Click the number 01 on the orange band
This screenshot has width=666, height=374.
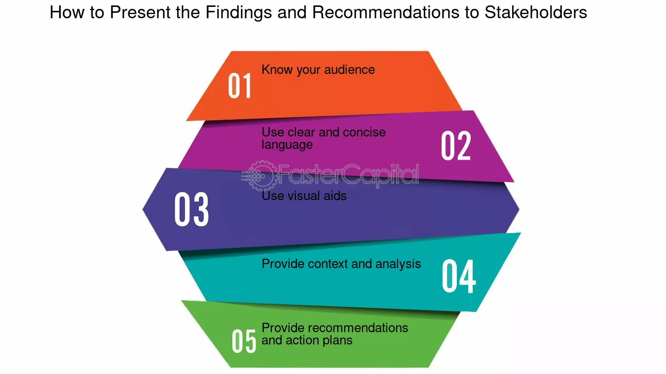point(240,86)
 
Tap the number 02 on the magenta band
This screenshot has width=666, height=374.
point(456,146)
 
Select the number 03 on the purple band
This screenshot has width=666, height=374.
point(191,209)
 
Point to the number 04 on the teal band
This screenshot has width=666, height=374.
point(459,276)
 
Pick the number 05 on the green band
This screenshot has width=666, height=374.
point(244,341)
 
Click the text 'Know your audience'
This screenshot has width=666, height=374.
point(318,70)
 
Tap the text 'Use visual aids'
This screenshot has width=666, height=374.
point(304,196)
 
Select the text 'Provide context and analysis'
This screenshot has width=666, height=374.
point(341,264)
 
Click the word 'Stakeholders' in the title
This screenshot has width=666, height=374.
point(535,12)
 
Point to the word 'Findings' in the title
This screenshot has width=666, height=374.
point(239,13)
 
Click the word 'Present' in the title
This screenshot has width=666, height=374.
point(140,12)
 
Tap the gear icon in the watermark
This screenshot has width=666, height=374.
point(261,176)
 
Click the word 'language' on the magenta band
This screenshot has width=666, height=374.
point(287,145)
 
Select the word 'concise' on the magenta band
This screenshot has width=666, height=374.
point(364,132)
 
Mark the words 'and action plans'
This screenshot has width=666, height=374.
point(307,340)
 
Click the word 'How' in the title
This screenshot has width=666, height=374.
point(67,12)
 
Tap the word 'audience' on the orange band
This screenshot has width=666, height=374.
point(349,69)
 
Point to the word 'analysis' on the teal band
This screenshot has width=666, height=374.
point(398,264)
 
